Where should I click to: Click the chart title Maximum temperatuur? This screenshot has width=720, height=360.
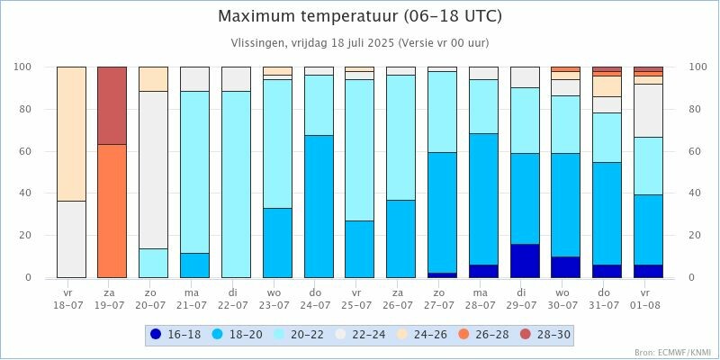click(x=360, y=17)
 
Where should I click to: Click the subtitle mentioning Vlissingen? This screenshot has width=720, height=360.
click(x=360, y=43)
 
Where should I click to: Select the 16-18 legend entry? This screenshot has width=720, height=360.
click(x=176, y=335)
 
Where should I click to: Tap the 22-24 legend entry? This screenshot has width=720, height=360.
click(x=358, y=335)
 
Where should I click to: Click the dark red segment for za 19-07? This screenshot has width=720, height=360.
click(x=112, y=105)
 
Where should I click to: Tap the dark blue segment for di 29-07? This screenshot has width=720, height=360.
click(x=525, y=261)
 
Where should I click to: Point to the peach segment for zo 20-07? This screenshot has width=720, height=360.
click(x=153, y=78)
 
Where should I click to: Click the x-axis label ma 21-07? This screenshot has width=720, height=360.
click(x=194, y=299)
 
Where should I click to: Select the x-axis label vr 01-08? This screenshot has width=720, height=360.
click(x=648, y=299)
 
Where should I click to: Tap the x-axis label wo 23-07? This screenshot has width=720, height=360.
click(x=277, y=299)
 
